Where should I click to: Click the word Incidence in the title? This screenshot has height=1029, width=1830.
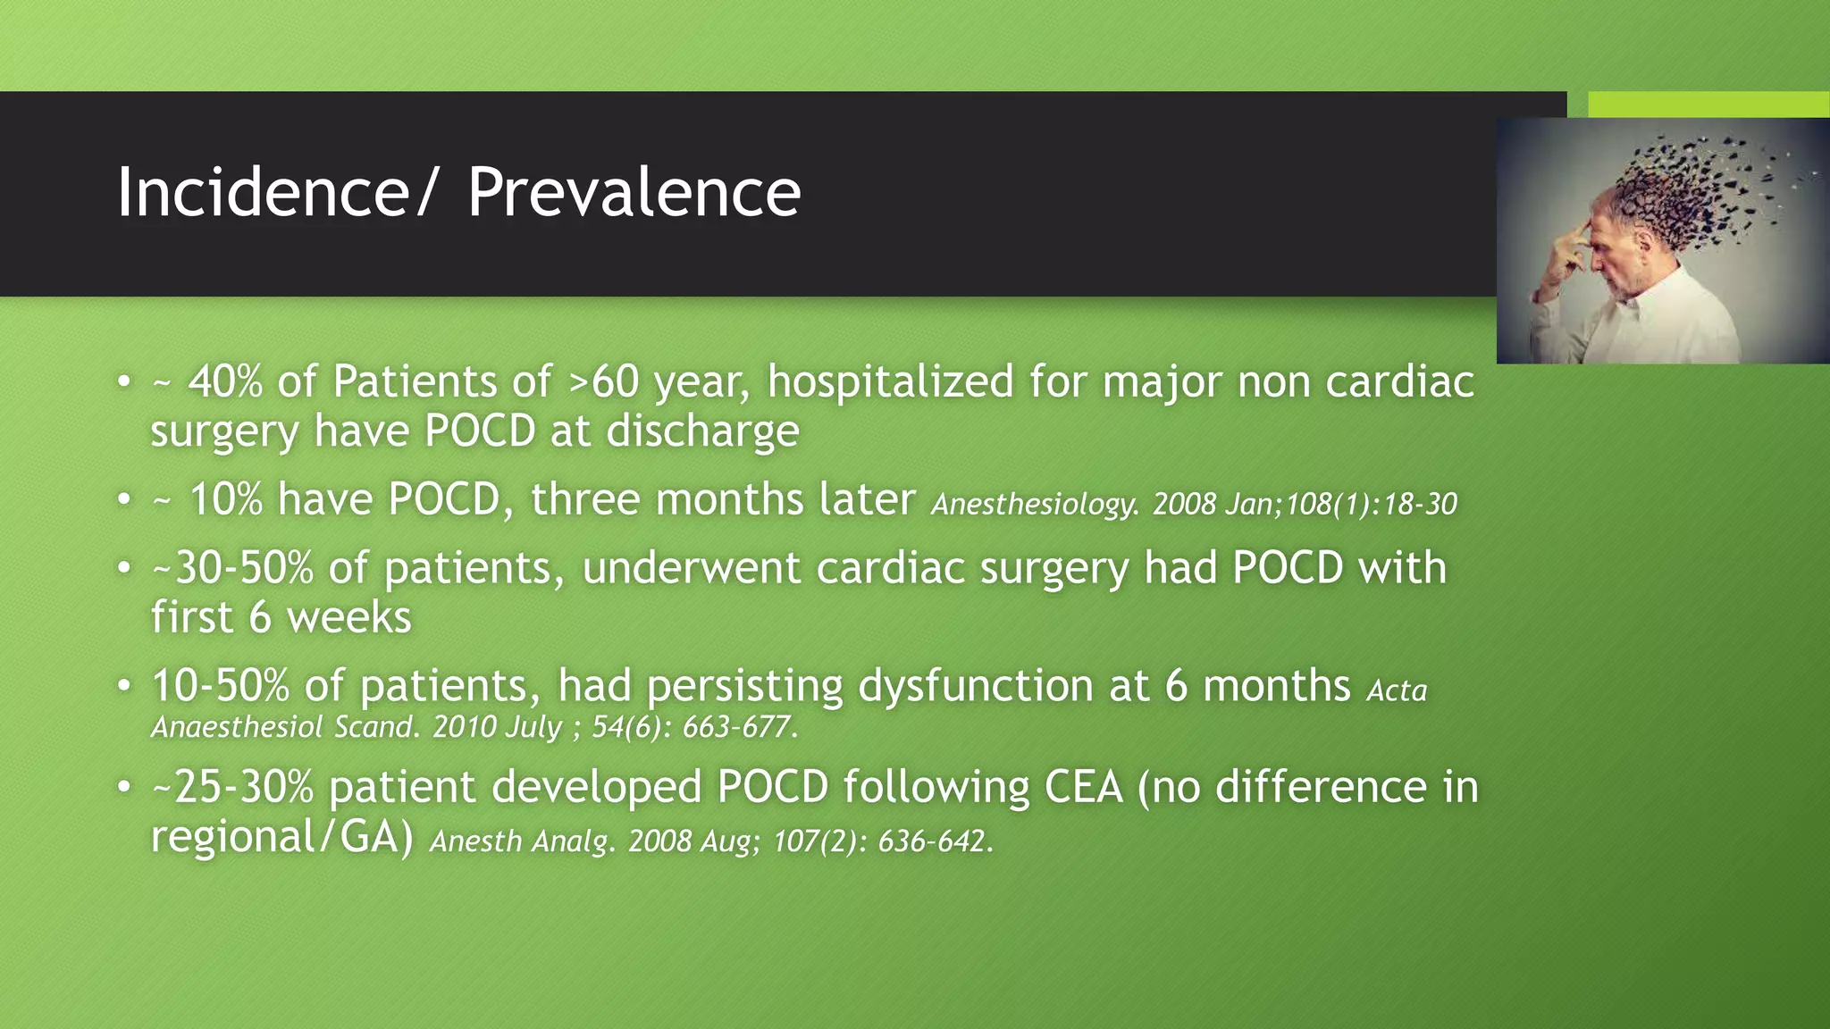pyautogui.click(x=263, y=192)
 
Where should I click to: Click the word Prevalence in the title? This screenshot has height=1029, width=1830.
pyautogui.click(x=634, y=192)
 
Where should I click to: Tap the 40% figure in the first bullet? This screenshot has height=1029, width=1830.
pyautogui.click(x=225, y=382)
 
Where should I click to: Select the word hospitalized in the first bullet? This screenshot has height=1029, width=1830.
pyautogui.click(x=890, y=382)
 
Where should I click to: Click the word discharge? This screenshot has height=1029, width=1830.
pyautogui.click(x=702, y=431)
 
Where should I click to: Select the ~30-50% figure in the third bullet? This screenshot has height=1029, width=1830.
pyautogui.click(x=232, y=569)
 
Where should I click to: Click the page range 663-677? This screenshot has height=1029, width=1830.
pyautogui.click(x=739, y=727)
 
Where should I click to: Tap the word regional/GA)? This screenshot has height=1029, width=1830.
pyautogui.click(x=281, y=838)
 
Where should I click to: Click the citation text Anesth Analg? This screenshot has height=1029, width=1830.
pyautogui.click(x=522, y=841)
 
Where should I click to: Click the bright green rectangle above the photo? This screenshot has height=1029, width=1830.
pyautogui.click(x=1708, y=104)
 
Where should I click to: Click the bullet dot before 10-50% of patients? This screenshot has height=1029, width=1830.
pyautogui.click(x=124, y=687)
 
